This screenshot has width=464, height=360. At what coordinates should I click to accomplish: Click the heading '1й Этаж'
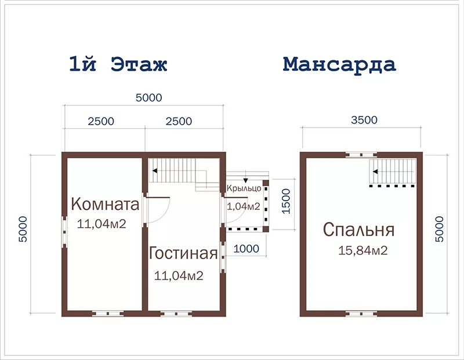point(118,64)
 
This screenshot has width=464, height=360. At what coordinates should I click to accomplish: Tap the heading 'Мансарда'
point(339,64)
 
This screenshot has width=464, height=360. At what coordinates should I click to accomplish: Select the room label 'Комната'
point(105,204)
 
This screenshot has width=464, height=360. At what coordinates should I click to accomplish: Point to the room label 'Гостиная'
point(183,253)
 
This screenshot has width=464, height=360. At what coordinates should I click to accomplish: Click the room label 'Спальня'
point(358,230)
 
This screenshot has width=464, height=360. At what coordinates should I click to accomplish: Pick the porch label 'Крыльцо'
point(244,188)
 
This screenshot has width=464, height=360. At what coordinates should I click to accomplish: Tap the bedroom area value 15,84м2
point(363,250)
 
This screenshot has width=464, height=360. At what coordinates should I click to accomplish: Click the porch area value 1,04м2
point(243,206)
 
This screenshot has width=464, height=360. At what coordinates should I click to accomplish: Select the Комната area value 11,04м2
point(101,224)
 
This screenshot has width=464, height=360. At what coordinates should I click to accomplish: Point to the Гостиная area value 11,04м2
point(179,276)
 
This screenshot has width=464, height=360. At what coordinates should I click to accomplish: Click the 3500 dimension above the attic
point(364,120)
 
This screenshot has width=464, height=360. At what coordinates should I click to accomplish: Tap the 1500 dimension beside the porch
point(286,201)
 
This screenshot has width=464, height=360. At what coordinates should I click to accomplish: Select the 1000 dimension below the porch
point(246,249)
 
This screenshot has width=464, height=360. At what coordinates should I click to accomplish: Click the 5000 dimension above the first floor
point(149,97)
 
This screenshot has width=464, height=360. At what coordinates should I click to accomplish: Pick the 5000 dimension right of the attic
point(440,229)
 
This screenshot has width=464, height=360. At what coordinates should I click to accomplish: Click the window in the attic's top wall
point(361,155)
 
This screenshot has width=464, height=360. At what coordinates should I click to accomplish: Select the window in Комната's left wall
point(64,232)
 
